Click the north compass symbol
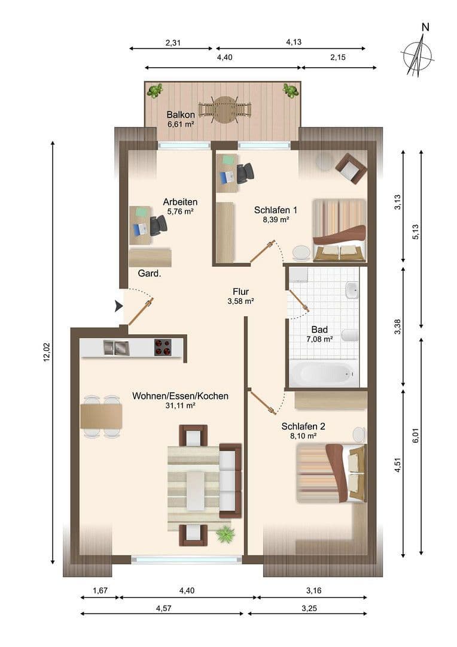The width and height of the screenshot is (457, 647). [418, 54]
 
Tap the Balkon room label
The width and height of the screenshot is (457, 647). [181, 115]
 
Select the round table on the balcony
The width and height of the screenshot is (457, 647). [225, 110]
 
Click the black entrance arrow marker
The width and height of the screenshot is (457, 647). [118, 306]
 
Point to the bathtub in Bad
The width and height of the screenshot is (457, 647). [323, 374]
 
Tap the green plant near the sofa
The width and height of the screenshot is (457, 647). [226, 533]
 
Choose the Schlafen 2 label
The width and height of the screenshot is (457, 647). [303, 427]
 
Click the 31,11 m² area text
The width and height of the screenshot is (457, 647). [180, 406]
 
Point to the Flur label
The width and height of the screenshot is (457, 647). [241, 292]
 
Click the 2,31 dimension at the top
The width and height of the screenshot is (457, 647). [173, 43]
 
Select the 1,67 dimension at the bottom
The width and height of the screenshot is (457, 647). [100, 591]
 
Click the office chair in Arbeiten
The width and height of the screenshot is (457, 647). [158, 225]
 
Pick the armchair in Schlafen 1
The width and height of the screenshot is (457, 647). [351, 168]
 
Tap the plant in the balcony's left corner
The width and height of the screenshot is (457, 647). [155, 90]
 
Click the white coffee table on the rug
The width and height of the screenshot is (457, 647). [195, 491]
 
